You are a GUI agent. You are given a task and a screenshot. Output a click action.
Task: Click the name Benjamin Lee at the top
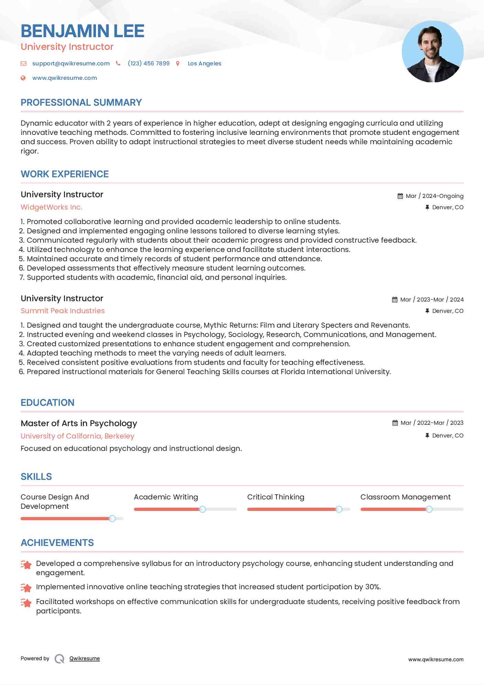coord(83,31)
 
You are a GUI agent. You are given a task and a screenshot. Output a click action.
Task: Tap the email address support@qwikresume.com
coord(71,63)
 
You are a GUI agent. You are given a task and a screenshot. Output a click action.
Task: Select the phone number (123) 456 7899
coord(149,63)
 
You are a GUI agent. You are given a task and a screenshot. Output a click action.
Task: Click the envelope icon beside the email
coord(23,63)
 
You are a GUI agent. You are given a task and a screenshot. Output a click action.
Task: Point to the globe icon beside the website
coord(23,78)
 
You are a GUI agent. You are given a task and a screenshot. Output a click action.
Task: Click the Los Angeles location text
coord(204,63)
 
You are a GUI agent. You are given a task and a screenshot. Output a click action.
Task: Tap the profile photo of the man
coord(432,52)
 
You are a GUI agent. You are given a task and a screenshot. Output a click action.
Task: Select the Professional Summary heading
coord(81,103)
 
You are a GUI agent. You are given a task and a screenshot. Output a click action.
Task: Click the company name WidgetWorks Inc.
coord(52,207)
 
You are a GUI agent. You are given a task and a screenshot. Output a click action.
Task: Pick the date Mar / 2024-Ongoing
coord(434,196)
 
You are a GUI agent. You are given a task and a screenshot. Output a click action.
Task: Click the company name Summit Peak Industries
coord(63,311)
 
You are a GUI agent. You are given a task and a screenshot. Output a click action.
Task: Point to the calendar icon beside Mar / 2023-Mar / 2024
coord(395,300)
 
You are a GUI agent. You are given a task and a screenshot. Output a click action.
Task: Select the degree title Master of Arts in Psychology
coord(79,423)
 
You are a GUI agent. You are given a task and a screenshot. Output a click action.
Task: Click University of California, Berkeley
coord(77,436)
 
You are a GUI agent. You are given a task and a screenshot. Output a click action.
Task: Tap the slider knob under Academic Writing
coord(203,509)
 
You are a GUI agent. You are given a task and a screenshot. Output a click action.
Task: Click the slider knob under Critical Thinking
coord(339,509)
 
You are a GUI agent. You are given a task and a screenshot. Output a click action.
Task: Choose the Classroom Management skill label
coord(405,497)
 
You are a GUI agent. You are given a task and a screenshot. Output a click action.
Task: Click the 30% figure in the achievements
coord(373,587)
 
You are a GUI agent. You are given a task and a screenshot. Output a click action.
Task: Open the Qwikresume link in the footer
coord(85,658)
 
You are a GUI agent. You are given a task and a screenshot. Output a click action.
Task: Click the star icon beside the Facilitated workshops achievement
coord(26,603)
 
